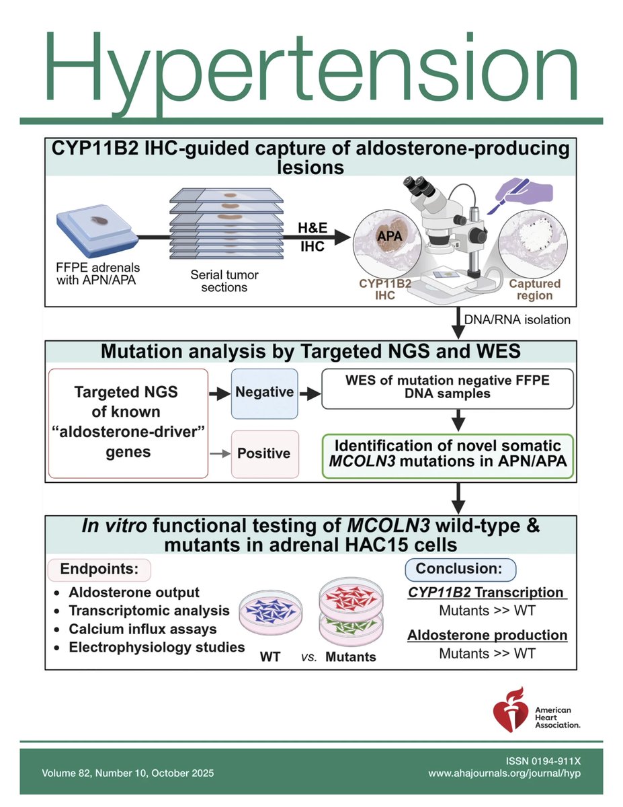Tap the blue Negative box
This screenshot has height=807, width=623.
click(x=263, y=392)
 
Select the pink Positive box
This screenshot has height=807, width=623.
click(x=263, y=453)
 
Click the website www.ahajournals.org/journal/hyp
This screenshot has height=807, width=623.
click(x=504, y=774)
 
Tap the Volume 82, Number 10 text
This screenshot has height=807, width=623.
click(x=128, y=774)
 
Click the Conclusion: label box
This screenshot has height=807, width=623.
click(x=459, y=568)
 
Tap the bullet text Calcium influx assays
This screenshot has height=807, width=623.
click(x=142, y=629)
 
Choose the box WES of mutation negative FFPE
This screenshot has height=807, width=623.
click(x=448, y=388)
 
